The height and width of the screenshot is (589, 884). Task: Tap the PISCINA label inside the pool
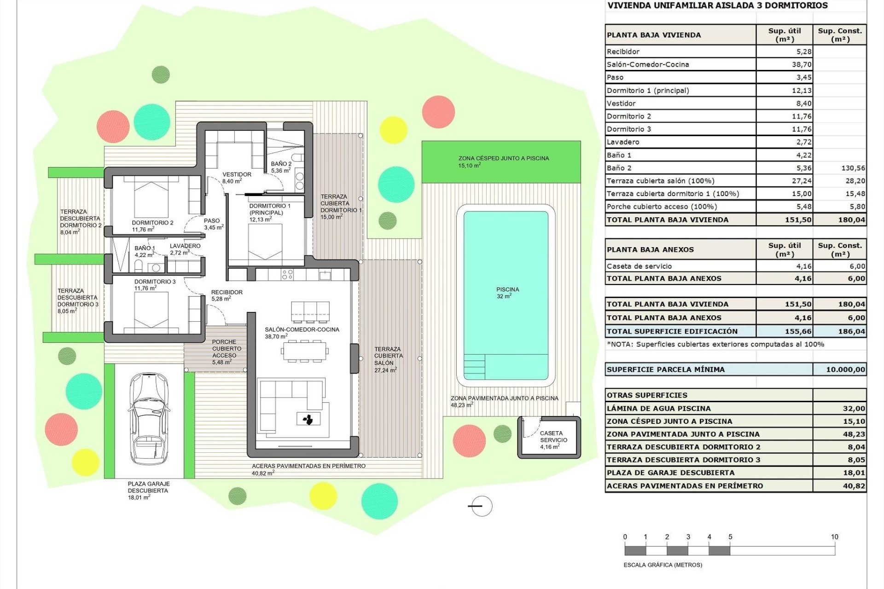(x=507, y=289)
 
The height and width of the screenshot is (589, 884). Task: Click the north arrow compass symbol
(x=482, y=506)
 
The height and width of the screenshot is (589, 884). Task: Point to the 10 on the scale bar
(x=834, y=537)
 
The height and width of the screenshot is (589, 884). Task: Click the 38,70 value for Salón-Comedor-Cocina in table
(x=802, y=64)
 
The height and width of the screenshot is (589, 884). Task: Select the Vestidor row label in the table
(x=621, y=104)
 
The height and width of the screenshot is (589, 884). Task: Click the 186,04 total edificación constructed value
(x=851, y=331)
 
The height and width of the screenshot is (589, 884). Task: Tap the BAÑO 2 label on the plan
(x=281, y=164)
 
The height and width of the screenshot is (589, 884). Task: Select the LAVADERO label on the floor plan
(x=185, y=246)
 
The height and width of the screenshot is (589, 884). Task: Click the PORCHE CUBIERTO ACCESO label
(x=224, y=349)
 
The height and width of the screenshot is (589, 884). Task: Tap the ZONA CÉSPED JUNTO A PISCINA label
(x=503, y=158)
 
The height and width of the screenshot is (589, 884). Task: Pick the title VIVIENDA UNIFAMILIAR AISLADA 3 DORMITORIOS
(x=717, y=6)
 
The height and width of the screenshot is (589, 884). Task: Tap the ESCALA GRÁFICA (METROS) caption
(x=663, y=565)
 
